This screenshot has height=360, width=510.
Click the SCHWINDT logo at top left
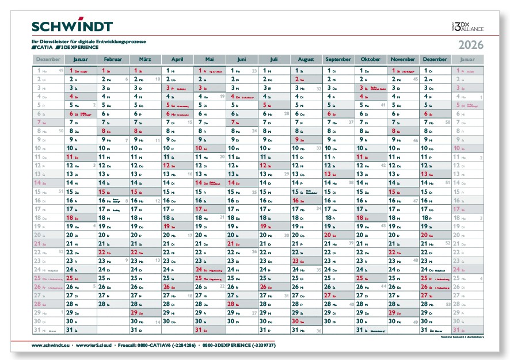tap(72, 26)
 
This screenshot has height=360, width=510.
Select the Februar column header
tap(113, 59)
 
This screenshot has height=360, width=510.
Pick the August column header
tap(306, 59)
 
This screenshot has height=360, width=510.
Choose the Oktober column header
tap(371, 59)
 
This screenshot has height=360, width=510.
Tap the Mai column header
tap(210, 59)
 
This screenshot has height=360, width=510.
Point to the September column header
tap(338, 59)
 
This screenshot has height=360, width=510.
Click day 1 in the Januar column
tap(70, 70)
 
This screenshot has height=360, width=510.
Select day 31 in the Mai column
tap(199, 330)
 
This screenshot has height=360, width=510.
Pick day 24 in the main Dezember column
tap(424, 269)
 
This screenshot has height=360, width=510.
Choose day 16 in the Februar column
tap(102, 200)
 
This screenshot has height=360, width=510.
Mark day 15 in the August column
tap(296, 192)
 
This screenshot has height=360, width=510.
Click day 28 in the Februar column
tap(102, 304)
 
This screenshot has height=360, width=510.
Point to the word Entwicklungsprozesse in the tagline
tap(125, 41)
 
